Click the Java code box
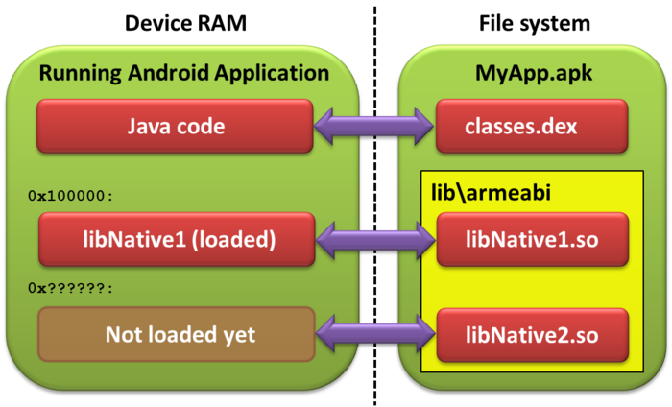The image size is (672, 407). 175,126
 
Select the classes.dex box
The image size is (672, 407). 532,126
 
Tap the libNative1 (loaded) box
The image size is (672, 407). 177,239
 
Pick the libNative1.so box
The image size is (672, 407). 533,239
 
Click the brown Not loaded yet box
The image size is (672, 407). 177,334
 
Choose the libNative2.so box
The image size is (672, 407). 533,335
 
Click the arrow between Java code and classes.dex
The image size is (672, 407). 373,126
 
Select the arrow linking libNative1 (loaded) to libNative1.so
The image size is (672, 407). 376,239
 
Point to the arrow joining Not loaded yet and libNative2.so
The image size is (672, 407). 376,334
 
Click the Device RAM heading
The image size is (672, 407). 185,23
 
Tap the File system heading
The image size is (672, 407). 535,24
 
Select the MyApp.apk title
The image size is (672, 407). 534,73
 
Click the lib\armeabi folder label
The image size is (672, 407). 491,192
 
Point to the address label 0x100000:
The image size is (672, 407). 71,196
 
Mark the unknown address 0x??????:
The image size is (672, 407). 71,288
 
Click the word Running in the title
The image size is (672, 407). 81,73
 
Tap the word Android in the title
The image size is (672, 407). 169,72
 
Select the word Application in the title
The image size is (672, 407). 272,73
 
